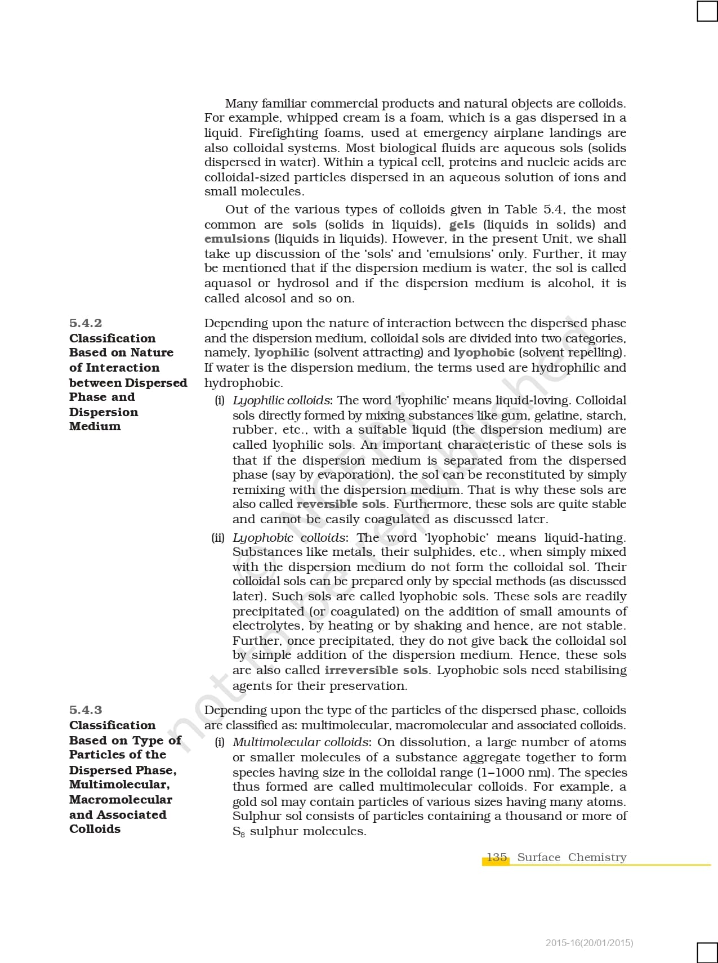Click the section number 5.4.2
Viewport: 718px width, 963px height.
[86, 323]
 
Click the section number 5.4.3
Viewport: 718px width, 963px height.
[86, 710]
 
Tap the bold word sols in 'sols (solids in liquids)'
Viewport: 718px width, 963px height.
[304, 224]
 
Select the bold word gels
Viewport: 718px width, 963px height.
[462, 224]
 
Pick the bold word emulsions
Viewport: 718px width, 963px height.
[237, 239]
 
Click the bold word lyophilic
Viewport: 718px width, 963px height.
[282, 353]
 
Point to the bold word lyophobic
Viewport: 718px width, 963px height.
[484, 353]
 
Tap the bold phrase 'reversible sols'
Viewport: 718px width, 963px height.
[341, 504]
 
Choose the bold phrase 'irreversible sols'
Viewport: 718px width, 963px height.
[376, 670]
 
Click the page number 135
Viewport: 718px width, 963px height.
[497, 857]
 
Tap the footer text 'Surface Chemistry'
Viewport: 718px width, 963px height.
[572, 857]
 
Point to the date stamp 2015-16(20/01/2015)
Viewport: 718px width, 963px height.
[589, 943]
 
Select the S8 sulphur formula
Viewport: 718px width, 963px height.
[239, 832]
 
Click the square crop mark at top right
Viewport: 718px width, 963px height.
[707, 11]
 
